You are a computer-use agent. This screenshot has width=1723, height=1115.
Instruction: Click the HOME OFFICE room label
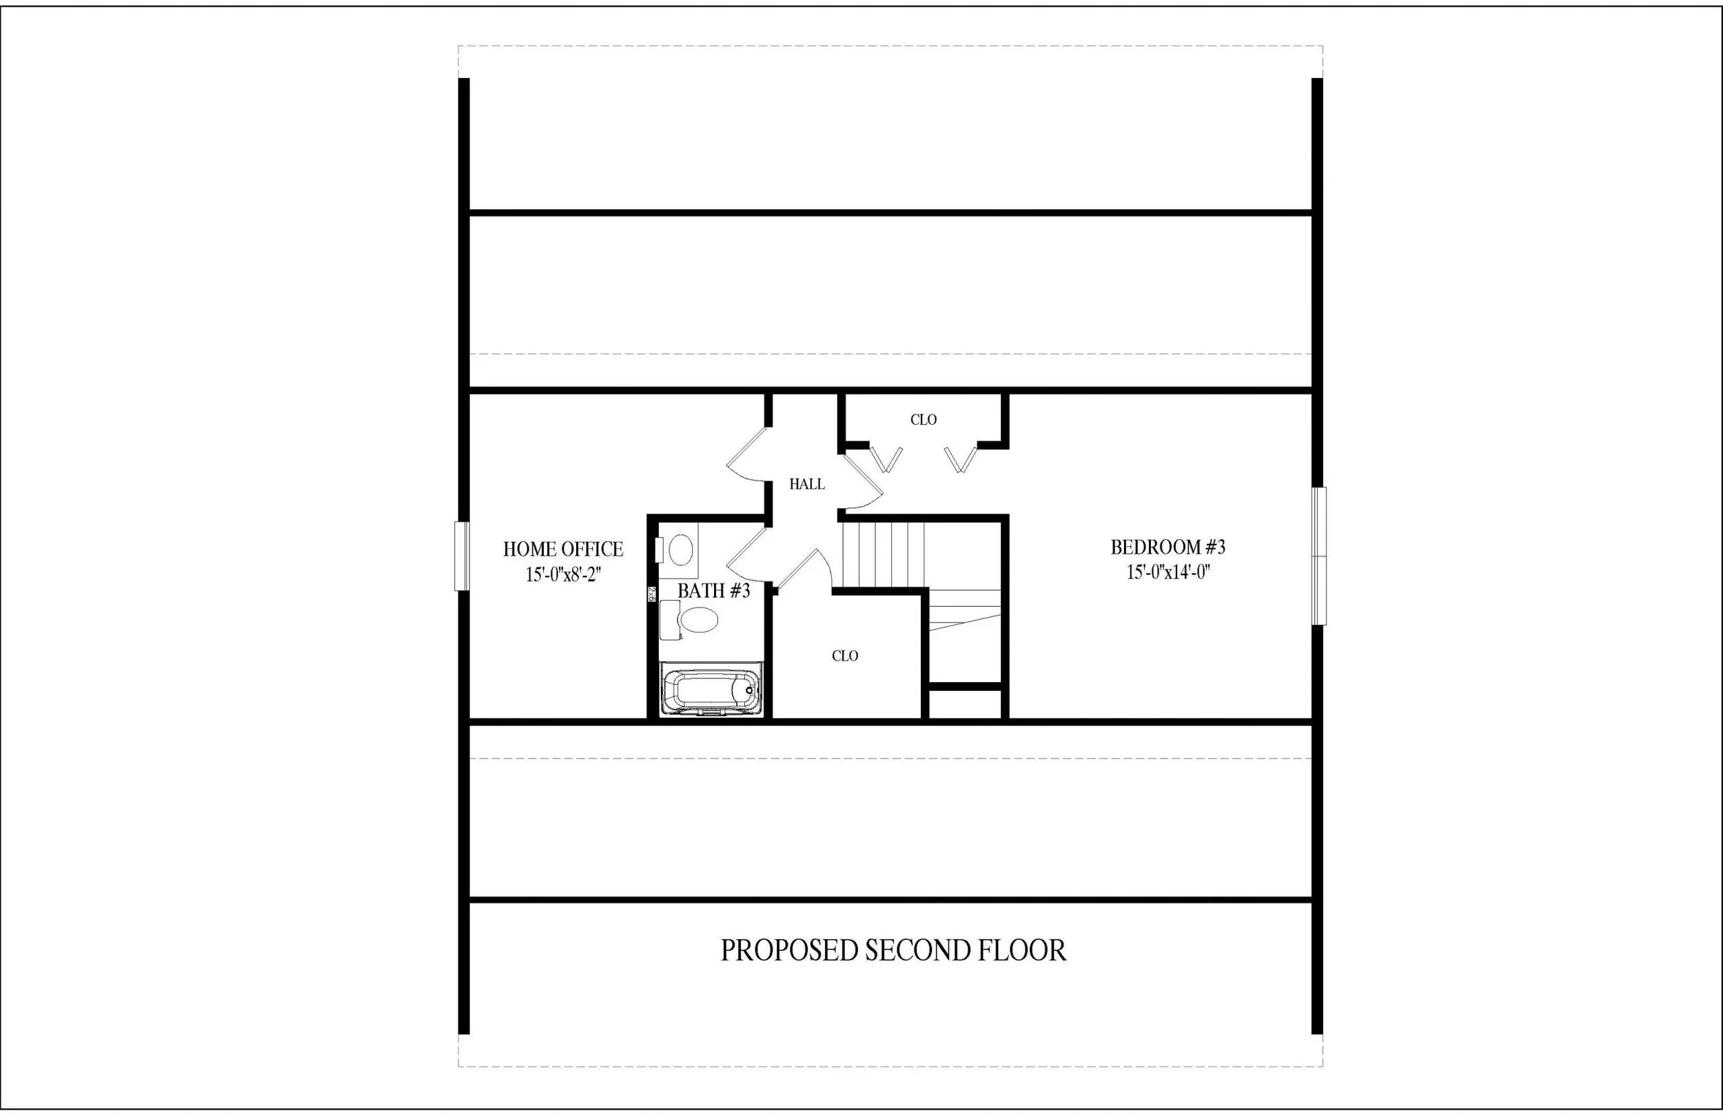(x=563, y=549)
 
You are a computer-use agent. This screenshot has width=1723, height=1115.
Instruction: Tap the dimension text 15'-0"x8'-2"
(x=563, y=575)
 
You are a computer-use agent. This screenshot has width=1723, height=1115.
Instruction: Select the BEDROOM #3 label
(x=1168, y=547)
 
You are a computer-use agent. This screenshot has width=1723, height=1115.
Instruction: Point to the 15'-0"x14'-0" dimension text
(x=1168, y=572)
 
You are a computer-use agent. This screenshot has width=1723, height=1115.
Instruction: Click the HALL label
(x=807, y=484)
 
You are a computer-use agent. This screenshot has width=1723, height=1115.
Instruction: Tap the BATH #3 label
(x=713, y=591)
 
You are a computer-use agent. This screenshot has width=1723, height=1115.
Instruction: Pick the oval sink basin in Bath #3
(x=681, y=550)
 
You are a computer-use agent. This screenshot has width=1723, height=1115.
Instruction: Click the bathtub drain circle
(x=750, y=690)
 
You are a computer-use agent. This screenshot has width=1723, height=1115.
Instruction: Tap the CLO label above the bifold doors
(x=924, y=420)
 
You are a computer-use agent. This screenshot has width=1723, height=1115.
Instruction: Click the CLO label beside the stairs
(x=844, y=656)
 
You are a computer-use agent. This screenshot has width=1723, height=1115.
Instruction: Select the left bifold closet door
(x=886, y=459)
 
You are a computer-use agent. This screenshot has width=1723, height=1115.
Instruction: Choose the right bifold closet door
(x=961, y=459)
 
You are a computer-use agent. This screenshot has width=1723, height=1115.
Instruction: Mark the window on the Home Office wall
(x=462, y=556)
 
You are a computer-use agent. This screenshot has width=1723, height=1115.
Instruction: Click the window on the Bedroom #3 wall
(x=1319, y=556)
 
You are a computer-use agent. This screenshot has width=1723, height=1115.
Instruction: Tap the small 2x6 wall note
(x=651, y=594)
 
